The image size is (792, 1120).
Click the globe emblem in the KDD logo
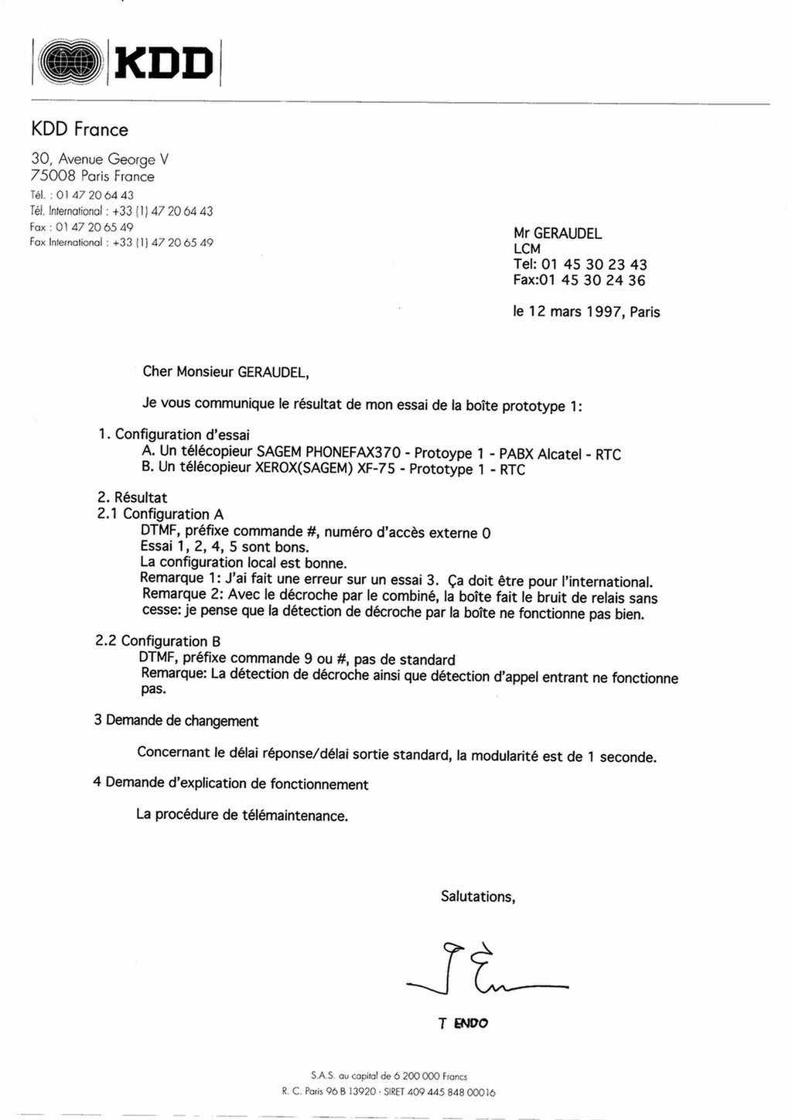(x=70, y=62)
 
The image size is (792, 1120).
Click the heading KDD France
(x=79, y=129)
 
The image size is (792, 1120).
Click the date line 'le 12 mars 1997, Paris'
(x=586, y=312)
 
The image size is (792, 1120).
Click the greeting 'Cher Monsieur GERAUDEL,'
(x=226, y=371)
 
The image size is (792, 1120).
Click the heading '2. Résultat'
(x=132, y=497)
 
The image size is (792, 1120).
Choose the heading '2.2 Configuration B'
(x=158, y=641)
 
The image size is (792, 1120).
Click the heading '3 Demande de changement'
(x=176, y=721)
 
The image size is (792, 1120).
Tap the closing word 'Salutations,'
(x=478, y=896)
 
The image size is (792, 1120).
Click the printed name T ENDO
(x=463, y=1023)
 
